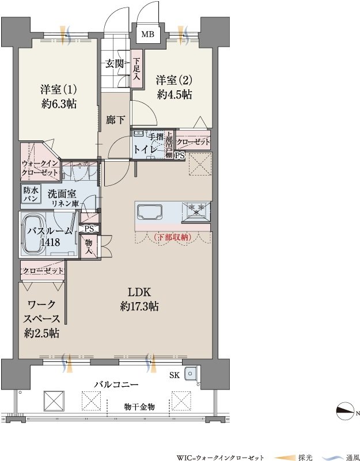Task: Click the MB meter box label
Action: pyautogui.click(x=147, y=35)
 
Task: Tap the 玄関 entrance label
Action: pyautogui.click(x=115, y=63)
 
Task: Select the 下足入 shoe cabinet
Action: pyautogui.click(x=137, y=69)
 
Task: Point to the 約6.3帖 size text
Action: pyautogui.click(x=59, y=104)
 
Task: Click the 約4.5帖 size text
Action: pyautogui.click(x=175, y=94)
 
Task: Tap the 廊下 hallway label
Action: pyautogui.click(x=115, y=120)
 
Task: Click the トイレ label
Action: pyautogui.click(x=145, y=149)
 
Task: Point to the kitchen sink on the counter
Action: pyautogui.click(x=150, y=212)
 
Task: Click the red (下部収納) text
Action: pyautogui.click(x=172, y=237)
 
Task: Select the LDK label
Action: pyautogui.click(x=139, y=292)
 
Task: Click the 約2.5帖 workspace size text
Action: pyautogui.click(x=41, y=333)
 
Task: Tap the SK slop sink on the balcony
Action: pyautogui.click(x=191, y=374)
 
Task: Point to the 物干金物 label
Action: pyautogui.click(x=139, y=407)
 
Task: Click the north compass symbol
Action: pyautogui.click(x=344, y=412)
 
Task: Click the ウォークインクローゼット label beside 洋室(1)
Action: pyautogui.click(x=40, y=168)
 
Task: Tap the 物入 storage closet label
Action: pyautogui.click(x=89, y=246)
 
